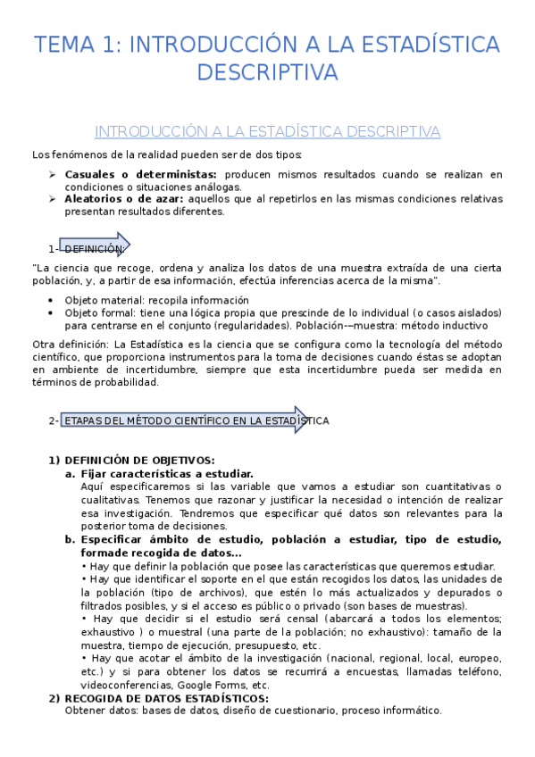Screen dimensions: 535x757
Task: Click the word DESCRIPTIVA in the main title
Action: click(x=267, y=71)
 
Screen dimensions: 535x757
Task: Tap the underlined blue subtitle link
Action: click(x=267, y=131)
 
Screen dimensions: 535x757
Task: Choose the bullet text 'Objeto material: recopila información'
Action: click(x=157, y=301)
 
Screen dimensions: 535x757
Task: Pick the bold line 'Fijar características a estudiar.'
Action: click(x=167, y=474)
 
